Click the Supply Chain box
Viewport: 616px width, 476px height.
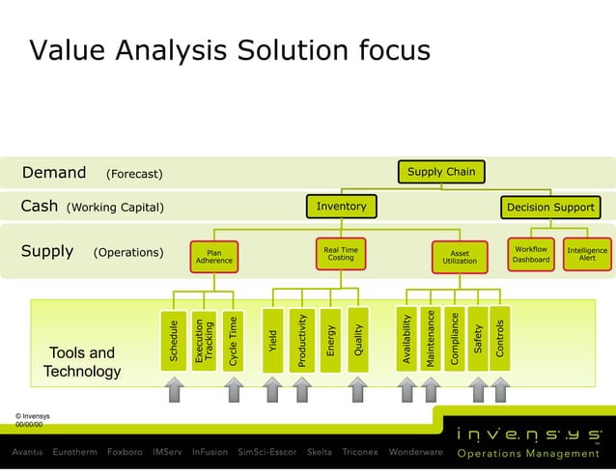(440, 172)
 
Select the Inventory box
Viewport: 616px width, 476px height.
(341, 206)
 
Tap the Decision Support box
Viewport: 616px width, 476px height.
(550, 207)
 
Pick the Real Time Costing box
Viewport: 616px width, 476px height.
(340, 254)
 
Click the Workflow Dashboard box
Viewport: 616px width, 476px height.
(531, 254)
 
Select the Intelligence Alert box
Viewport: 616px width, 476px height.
(587, 254)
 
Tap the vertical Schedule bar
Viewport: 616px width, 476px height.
(174, 339)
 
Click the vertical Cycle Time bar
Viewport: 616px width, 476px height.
(232, 339)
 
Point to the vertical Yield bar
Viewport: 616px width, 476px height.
(273, 339)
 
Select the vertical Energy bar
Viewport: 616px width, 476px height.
(330, 339)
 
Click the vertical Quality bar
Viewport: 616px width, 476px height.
(358, 339)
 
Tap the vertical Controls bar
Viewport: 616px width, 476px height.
(500, 339)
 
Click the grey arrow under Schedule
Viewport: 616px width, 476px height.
(174, 388)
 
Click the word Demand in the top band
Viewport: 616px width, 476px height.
(54, 173)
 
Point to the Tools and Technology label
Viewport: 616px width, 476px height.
(82, 362)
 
